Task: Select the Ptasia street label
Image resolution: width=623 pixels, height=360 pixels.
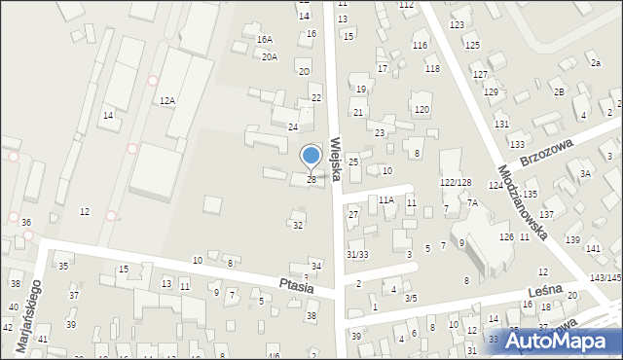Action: (x=294, y=287)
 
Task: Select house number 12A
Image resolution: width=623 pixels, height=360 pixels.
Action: (x=167, y=100)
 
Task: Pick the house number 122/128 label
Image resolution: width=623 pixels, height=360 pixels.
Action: (x=456, y=182)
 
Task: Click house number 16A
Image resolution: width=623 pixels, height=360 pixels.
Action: (x=264, y=39)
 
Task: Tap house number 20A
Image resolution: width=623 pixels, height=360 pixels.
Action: (x=270, y=56)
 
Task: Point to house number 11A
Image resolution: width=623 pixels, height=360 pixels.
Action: (x=386, y=199)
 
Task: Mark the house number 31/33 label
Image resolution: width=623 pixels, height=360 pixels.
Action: (x=357, y=254)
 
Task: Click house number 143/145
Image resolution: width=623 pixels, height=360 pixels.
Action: (x=605, y=278)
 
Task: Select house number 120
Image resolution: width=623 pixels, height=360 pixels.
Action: (x=421, y=109)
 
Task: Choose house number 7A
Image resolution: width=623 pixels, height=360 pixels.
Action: (x=472, y=202)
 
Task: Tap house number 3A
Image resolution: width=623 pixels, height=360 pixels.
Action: (x=586, y=173)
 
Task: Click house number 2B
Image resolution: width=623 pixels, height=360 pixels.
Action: (x=559, y=91)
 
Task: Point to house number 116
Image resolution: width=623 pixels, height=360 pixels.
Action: (x=420, y=46)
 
